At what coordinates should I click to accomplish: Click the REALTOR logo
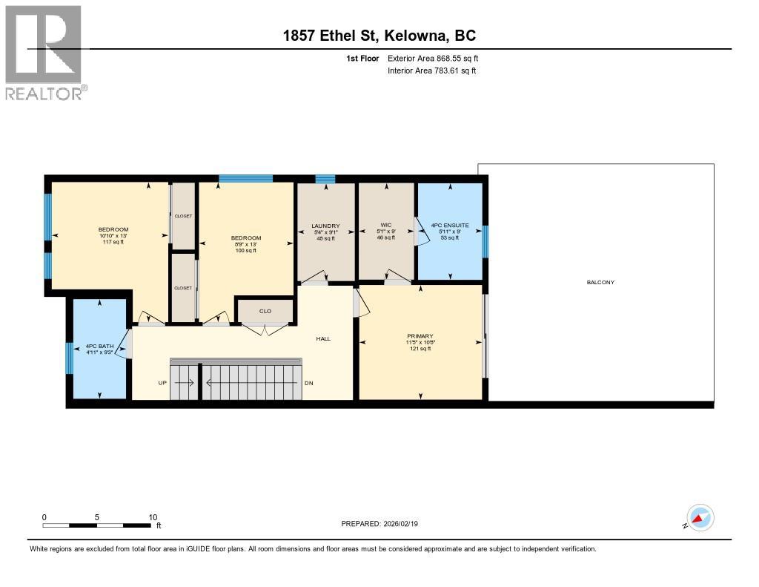click(45, 52)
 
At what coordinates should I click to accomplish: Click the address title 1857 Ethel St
click(379, 36)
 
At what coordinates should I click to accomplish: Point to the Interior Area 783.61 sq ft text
click(431, 71)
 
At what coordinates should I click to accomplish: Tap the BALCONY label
click(600, 282)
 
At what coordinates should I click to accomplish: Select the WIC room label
click(385, 225)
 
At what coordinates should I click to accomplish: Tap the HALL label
click(323, 338)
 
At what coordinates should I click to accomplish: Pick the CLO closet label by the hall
click(265, 312)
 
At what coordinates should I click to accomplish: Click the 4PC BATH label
click(99, 347)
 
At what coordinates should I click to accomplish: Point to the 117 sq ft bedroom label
click(113, 235)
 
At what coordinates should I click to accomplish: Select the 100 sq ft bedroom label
click(245, 244)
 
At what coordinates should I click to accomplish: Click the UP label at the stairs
click(162, 383)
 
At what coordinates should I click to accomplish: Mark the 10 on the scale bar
click(153, 517)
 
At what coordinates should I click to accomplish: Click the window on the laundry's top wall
click(325, 179)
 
